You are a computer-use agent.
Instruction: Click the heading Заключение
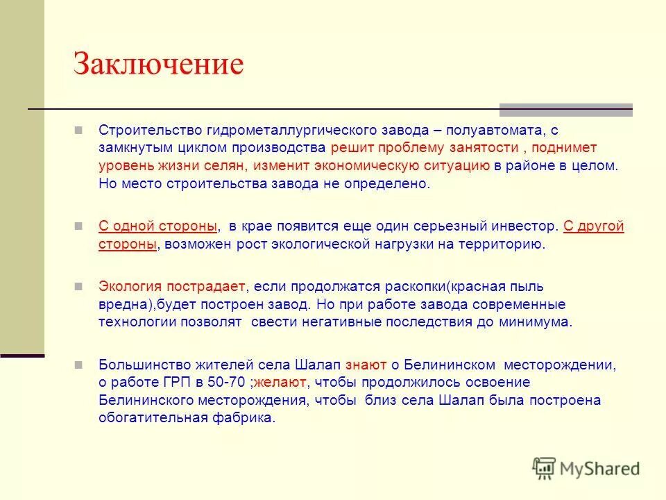tap(159, 65)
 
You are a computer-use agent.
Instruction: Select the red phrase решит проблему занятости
tap(425, 148)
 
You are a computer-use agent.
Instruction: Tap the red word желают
tap(284, 383)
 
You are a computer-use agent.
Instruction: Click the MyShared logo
tap(586, 468)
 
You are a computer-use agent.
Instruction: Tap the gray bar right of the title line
tap(566, 109)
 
